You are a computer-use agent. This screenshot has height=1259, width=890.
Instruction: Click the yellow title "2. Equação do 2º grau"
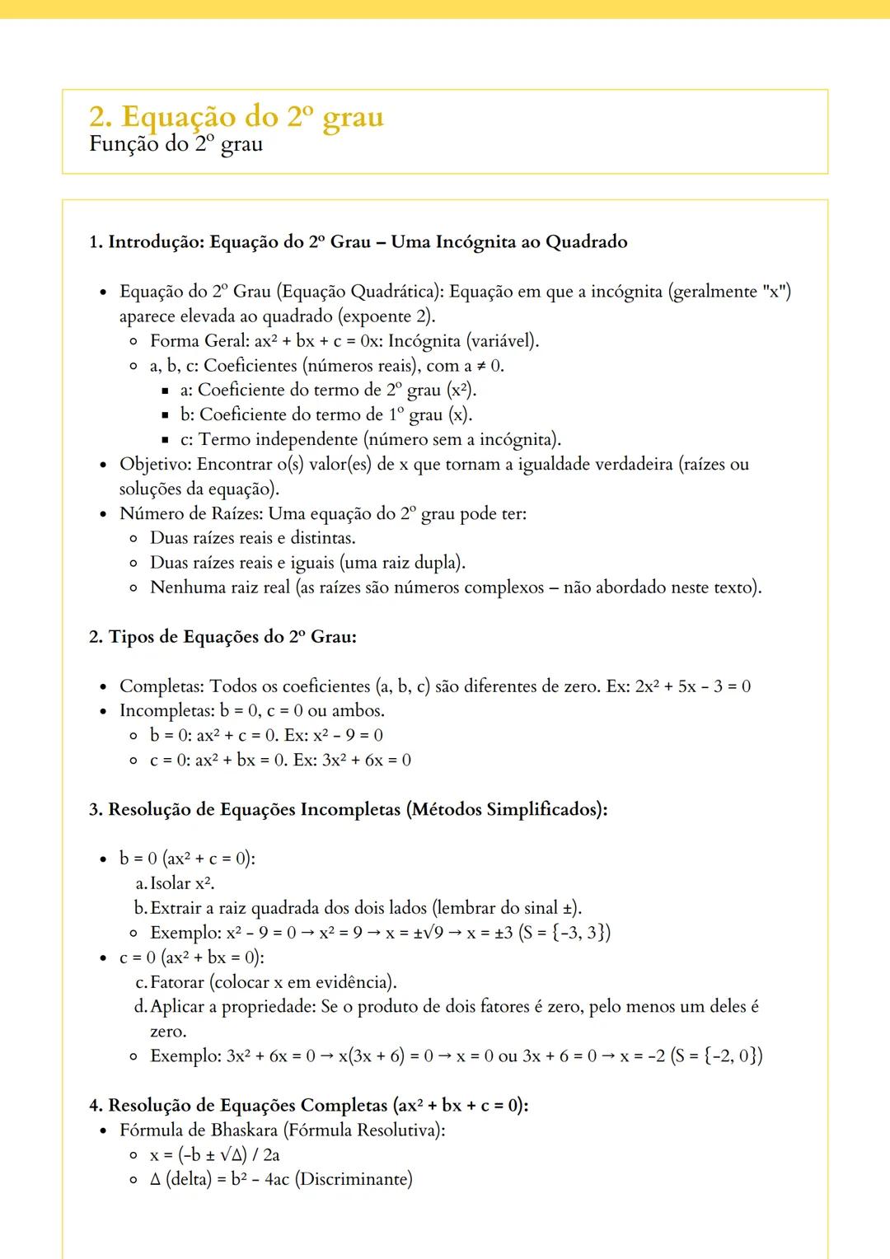[237, 117]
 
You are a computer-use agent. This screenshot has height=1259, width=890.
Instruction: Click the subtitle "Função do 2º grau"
[176, 144]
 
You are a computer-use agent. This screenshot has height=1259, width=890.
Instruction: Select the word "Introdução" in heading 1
[156, 242]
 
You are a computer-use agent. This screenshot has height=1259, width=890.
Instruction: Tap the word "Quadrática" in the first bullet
[395, 292]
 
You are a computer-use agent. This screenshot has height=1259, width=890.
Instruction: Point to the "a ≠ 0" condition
[484, 366]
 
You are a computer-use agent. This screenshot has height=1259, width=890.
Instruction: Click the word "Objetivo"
[155, 465]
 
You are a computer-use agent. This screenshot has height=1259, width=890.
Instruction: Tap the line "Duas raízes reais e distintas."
[253, 539]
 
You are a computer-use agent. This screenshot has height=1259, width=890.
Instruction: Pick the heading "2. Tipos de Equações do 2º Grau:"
[222, 637]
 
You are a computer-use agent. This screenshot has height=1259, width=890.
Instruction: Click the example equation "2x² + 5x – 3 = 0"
[692, 686]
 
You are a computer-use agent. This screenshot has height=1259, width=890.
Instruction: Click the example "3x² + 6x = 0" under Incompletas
[367, 761]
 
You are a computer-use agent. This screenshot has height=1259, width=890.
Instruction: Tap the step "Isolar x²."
[182, 883]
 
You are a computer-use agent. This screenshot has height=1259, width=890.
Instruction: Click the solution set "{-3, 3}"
[581, 933]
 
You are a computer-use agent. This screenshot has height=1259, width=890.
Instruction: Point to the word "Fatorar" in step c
[177, 982]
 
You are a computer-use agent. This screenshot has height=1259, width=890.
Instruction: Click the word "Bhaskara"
[244, 1130]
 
